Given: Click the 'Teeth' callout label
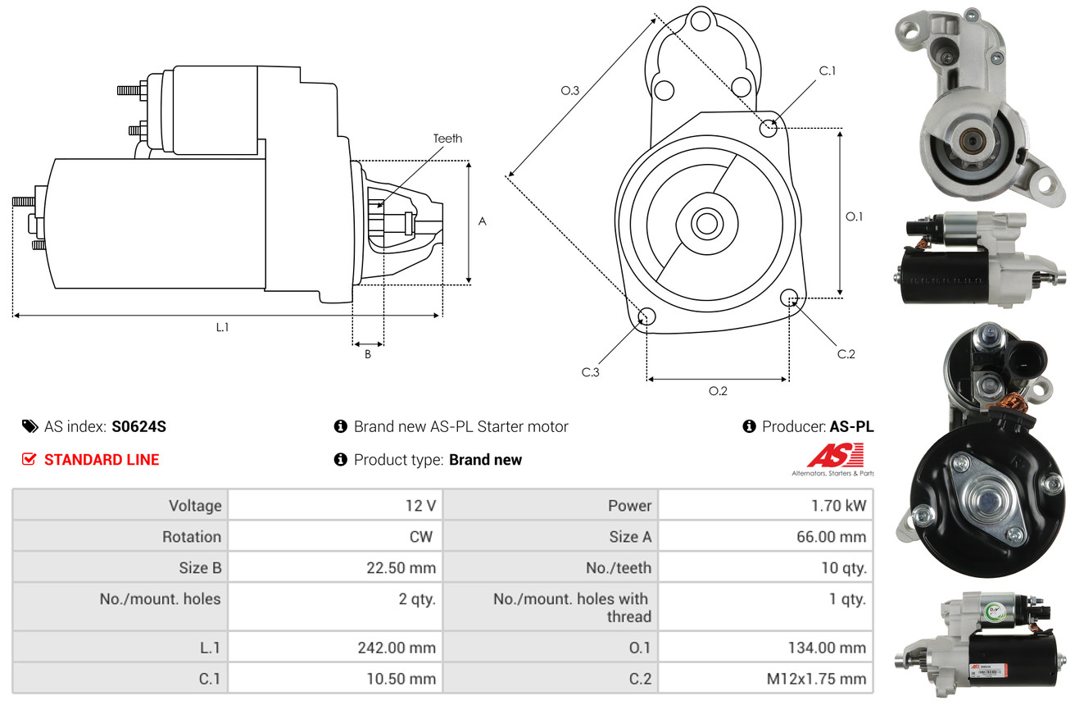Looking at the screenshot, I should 447,139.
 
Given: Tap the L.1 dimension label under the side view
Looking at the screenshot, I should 222,327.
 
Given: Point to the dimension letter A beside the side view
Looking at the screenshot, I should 483,221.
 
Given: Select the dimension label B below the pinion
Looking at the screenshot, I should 368,355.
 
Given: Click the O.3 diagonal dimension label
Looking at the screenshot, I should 570,91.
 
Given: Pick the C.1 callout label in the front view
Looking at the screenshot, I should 828,70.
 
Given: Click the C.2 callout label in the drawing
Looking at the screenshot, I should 846,354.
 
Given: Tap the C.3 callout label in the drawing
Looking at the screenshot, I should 591,372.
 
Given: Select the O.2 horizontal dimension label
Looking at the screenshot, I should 718,391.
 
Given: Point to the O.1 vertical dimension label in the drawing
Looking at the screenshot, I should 855,216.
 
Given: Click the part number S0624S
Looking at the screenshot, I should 139,426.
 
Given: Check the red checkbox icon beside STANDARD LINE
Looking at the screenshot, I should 29,459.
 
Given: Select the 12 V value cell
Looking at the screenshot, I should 420,506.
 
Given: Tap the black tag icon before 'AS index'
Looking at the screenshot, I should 29,426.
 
